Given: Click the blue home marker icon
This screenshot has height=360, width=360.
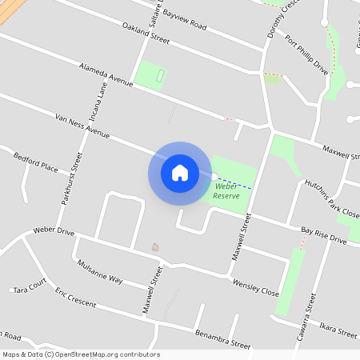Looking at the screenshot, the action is (x=179, y=172).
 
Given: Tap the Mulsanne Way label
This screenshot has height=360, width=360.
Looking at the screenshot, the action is (x=100, y=271).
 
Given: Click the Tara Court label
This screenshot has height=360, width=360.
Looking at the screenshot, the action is (x=27, y=286).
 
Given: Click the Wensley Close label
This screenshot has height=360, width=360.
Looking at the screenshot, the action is (x=255, y=285).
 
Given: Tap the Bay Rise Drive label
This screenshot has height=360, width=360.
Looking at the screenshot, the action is (x=324, y=235).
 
